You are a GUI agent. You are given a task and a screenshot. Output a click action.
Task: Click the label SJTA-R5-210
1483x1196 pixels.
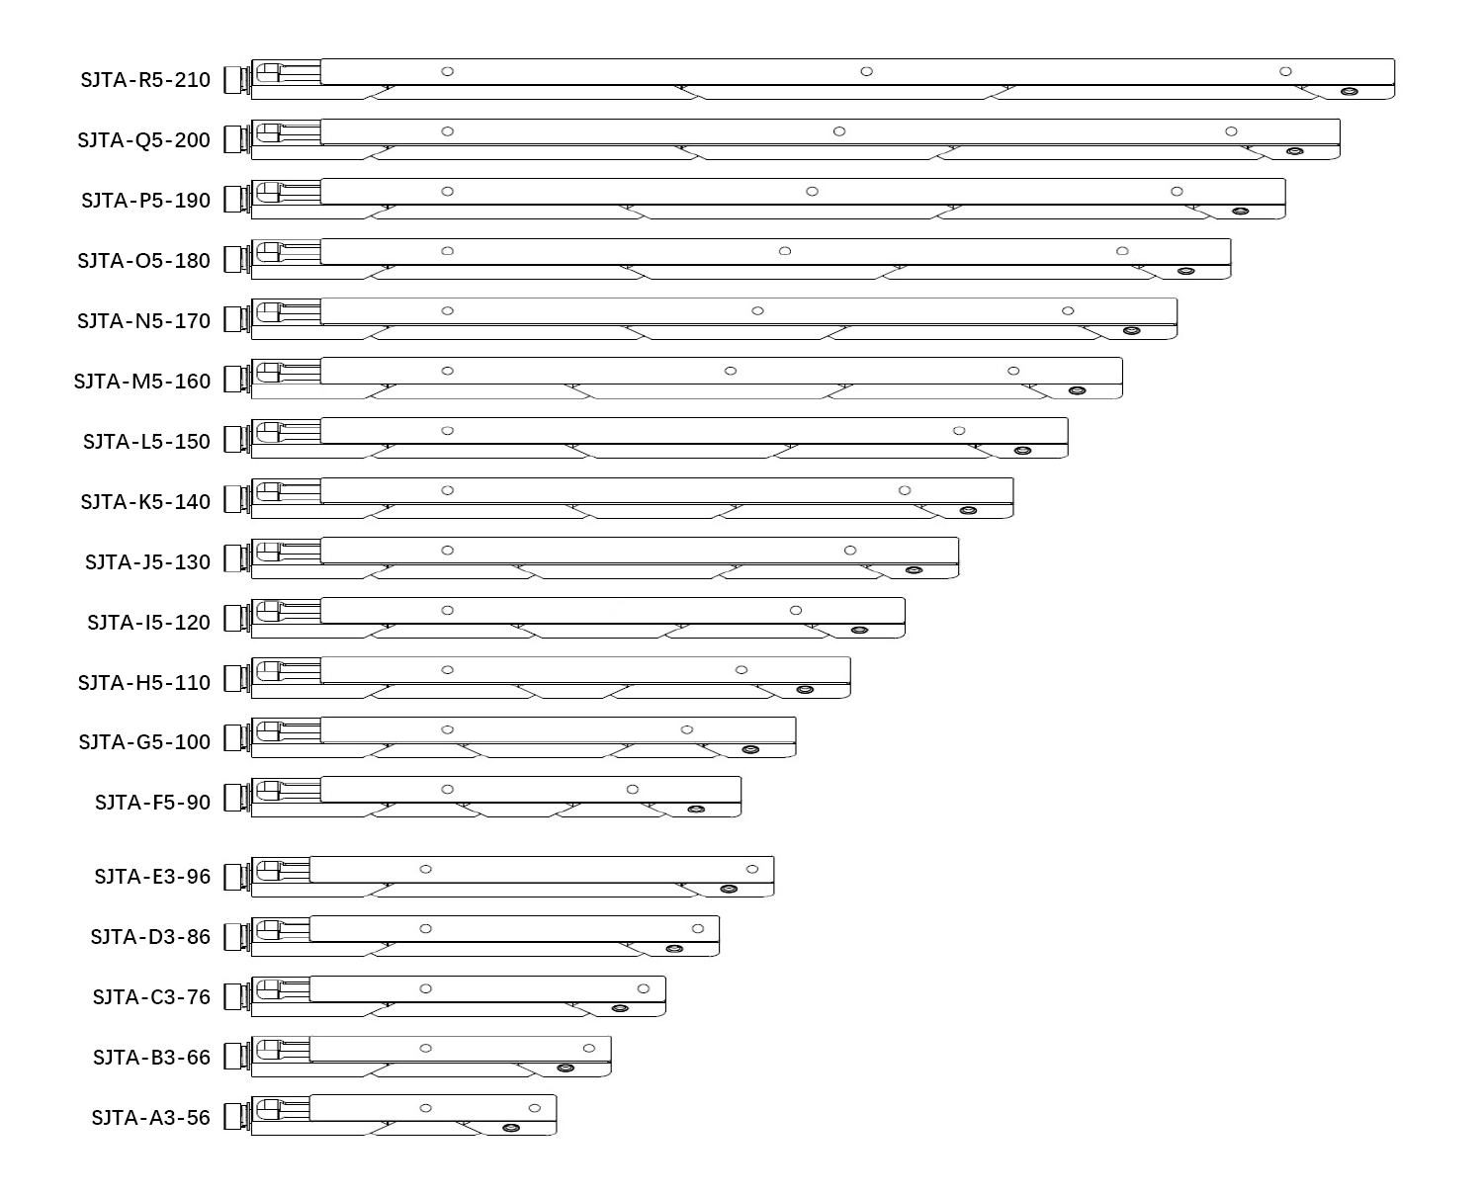(x=145, y=80)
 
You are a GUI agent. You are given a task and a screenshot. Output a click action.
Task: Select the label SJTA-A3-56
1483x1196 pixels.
(x=150, y=1118)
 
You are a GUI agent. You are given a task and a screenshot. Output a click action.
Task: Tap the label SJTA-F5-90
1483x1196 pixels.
(x=152, y=803)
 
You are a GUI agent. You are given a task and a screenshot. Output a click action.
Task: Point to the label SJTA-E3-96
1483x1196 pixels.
(x=152, y=877)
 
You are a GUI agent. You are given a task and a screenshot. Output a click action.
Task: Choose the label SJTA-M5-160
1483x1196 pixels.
(x=141, y=382)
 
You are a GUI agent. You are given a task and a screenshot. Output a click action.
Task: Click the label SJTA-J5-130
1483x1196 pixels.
(x=147, y=562)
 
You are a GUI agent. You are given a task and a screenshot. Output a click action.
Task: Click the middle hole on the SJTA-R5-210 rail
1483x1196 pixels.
(x=866, y=71)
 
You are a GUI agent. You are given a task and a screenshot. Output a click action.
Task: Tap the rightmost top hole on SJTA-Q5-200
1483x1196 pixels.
(x=1231, y=131)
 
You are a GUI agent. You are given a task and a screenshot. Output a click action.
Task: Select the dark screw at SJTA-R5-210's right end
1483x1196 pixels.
(x=1349, y=92)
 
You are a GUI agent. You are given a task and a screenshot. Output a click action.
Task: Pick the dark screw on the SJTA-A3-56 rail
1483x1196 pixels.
(x=511, y=1128)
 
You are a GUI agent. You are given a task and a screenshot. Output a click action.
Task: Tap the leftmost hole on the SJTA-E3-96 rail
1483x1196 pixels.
(x=426, y=870)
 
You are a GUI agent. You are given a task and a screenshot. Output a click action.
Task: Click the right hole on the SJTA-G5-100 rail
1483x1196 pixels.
(x=687, y=730)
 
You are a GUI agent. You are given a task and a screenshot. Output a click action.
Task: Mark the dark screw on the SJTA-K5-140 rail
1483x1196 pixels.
(x=968, y=511)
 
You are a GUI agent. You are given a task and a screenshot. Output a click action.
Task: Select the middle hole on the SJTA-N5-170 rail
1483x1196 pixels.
(x=757, y=311)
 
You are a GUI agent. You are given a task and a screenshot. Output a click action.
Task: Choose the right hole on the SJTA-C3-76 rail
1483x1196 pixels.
(x=644, y=989)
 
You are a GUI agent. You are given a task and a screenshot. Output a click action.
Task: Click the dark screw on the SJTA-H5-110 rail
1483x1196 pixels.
(x=805, y=690)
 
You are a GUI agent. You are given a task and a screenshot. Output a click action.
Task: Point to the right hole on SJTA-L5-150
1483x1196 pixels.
(x=959, y=431)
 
